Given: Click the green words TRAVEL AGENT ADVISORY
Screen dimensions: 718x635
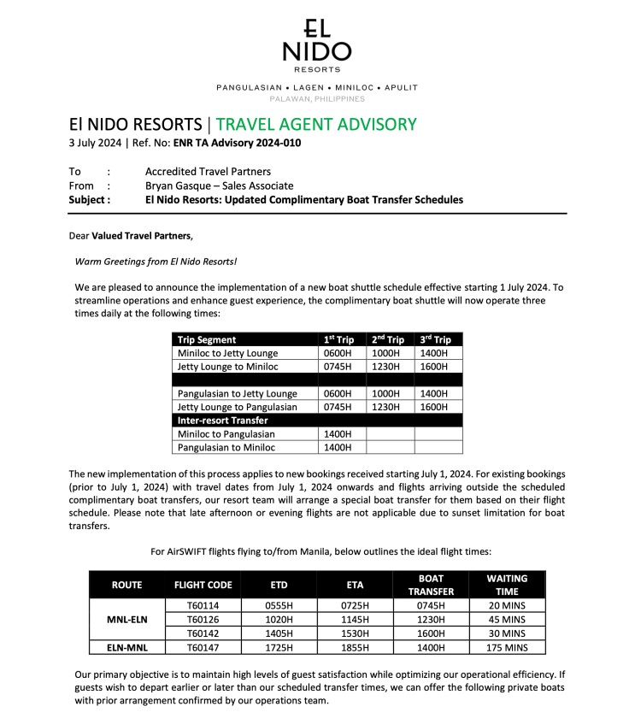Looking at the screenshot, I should [x=316, y=124].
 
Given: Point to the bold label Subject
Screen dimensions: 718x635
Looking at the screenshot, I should [x=89, y=200].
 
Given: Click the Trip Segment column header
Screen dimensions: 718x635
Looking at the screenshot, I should [x=207, y=339].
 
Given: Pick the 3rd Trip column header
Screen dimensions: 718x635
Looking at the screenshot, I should [x=436, y=339].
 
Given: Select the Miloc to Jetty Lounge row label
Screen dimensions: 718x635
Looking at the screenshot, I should [x=227, y=353].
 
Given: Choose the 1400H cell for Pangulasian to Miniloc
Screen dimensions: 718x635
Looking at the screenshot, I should [x=337, y=447].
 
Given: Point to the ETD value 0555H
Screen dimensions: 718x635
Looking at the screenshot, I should [x=279, y=605].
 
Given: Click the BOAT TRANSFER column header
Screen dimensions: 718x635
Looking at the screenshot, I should [x=431, y=585].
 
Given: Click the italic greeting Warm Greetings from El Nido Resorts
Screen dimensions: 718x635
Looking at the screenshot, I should [x=156, y=261].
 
